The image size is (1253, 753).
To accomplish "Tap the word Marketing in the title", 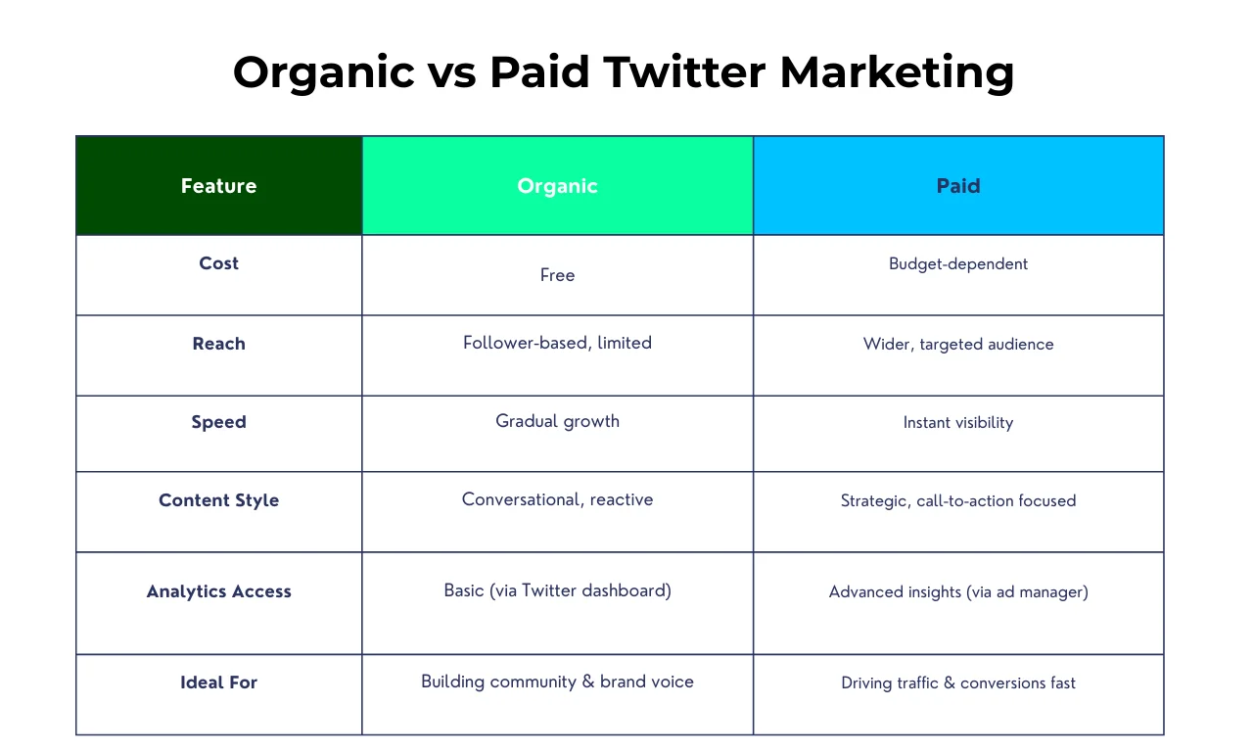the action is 897,72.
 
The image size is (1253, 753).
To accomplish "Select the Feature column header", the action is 218,186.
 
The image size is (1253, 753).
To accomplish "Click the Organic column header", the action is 557,186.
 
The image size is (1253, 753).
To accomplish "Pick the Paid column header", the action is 958,186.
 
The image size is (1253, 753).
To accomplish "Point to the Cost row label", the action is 218,263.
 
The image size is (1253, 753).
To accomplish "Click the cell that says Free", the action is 557,275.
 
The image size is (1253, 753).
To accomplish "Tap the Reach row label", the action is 218,344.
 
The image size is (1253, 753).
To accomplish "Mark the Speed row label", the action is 218,422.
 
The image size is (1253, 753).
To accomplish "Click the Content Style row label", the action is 218,500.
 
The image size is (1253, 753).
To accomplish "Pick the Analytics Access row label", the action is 218,591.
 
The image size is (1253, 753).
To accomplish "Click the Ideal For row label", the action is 218,682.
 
